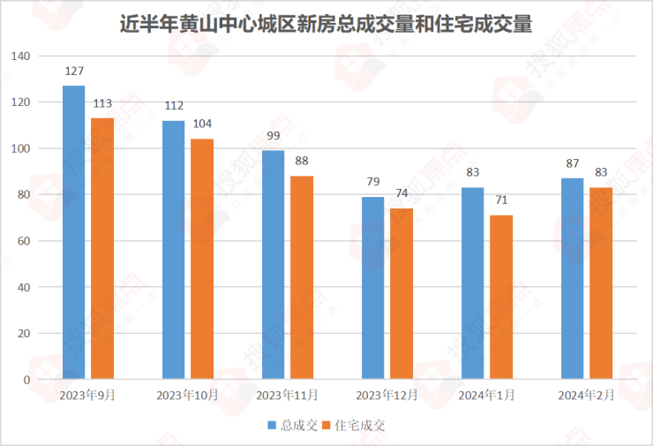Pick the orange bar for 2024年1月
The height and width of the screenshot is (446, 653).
coord(501,297)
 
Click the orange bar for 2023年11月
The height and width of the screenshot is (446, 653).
coord(302,277)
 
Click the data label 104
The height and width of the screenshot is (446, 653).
coord(202,124)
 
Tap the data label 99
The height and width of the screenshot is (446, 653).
coord(274,135)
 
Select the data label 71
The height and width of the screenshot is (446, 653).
coord(501,200)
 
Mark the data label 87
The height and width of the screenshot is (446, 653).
coord(573,163)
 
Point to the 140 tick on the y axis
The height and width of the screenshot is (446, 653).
coord(20,57)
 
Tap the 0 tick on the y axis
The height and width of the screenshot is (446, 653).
coord(26,380)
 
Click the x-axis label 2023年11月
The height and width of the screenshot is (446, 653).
coord(287,396)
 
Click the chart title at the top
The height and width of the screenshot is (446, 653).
coord(326,24)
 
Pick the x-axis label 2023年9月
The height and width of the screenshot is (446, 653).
coord(87,396)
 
